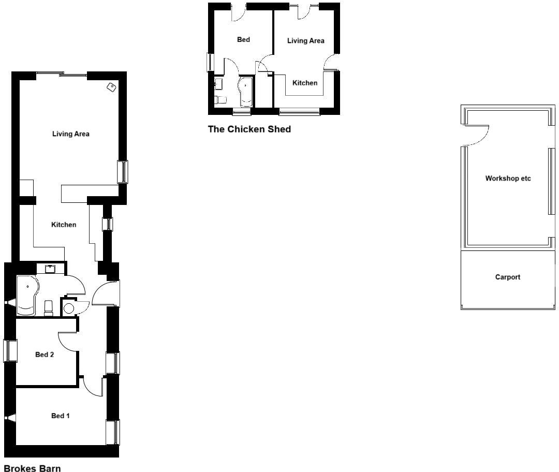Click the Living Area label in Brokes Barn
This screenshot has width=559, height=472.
click(x=71, y=134)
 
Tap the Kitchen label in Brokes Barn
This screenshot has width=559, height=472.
click(x=64, y=225)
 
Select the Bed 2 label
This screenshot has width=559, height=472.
click(x=45, y=355)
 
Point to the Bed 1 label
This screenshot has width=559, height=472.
click(x=60, y=416)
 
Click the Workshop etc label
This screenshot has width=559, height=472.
click(x=508, y=179)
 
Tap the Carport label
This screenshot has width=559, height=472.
click(x=507, y=277)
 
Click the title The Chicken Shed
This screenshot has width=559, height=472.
click(x=249, y=129)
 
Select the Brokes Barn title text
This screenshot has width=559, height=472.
click(x=32, y=468)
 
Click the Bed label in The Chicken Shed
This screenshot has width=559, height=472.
click(x=243, y=40)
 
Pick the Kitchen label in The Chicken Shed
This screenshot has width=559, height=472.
click(x=305, y=83)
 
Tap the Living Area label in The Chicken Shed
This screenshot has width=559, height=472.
click(x=305, y=40)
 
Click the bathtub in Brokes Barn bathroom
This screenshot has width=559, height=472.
click(x=26, y=295)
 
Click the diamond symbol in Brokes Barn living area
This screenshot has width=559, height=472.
click(x=111, y=87)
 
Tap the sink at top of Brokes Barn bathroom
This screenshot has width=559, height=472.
click(x=51, y=269)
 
